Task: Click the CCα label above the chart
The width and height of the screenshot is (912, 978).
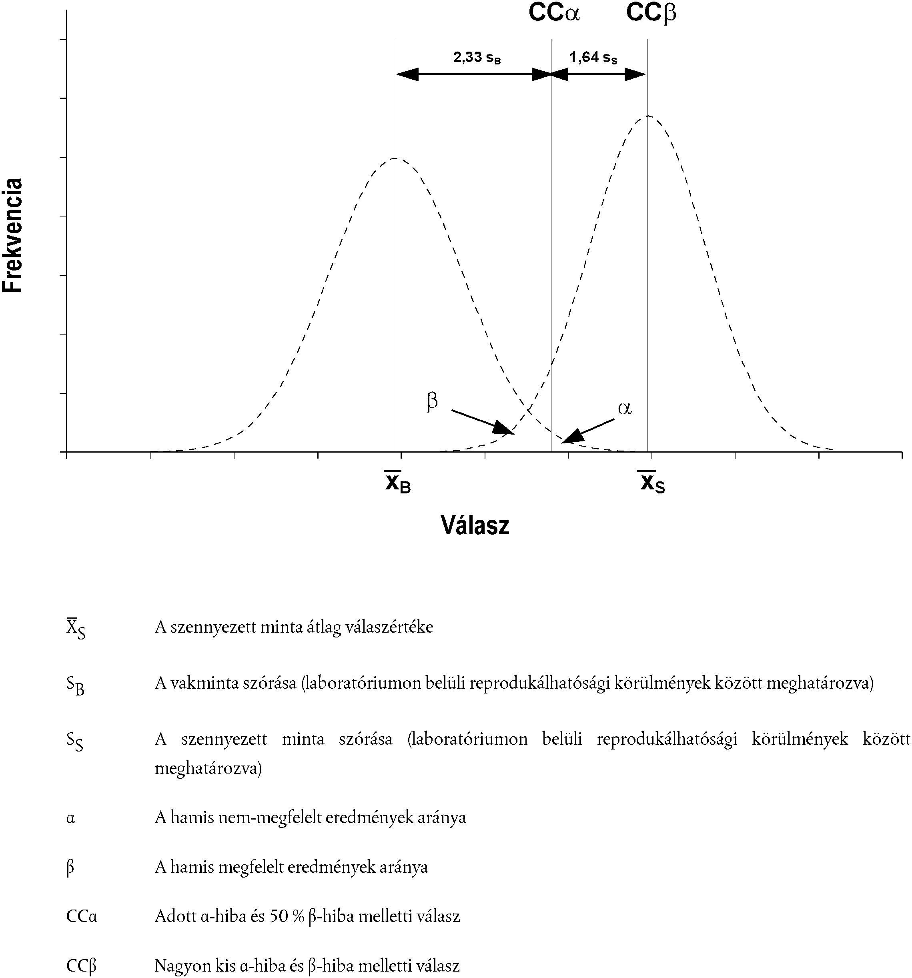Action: point(554,13)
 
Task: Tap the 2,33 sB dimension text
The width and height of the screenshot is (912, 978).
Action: point(477,58)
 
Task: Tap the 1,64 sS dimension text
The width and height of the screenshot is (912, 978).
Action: point(593,58)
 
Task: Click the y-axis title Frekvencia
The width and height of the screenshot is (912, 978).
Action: point(13,235)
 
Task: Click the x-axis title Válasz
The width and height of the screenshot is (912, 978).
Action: point(475,525)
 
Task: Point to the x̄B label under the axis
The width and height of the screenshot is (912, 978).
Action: point(397,483)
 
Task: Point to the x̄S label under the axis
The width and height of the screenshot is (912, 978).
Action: point(651,483)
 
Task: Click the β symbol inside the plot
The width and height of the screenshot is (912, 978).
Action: point(432,402)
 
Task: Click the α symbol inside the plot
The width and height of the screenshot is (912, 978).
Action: point(624,408)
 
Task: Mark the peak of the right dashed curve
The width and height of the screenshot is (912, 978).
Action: point(648,116)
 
